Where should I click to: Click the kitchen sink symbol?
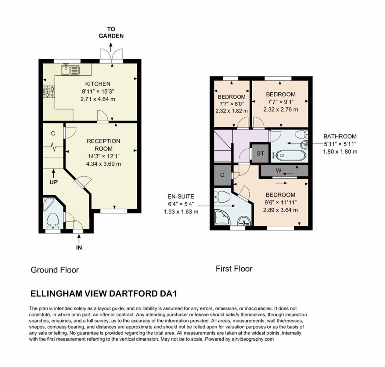coord(70,69)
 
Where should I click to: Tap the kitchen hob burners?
coord(49,92)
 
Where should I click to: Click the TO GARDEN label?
coord(111,33)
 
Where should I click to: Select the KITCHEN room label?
coord(98,84)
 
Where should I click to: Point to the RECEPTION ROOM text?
coord(103,145)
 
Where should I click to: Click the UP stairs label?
coord(53,182)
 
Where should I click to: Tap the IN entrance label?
coord(79,248)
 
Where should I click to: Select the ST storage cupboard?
coord(260,153)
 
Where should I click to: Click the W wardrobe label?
coord(278,170)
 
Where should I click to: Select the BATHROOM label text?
coord(340,137)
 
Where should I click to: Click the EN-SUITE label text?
coord(181,197)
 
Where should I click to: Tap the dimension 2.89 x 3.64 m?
coord(280,210)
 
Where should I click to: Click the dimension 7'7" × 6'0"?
coord(232,104)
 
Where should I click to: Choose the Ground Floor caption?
coord(55,270)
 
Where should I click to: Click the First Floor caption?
coord(234,269)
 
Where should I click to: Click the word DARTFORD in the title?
coord(132,293)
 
